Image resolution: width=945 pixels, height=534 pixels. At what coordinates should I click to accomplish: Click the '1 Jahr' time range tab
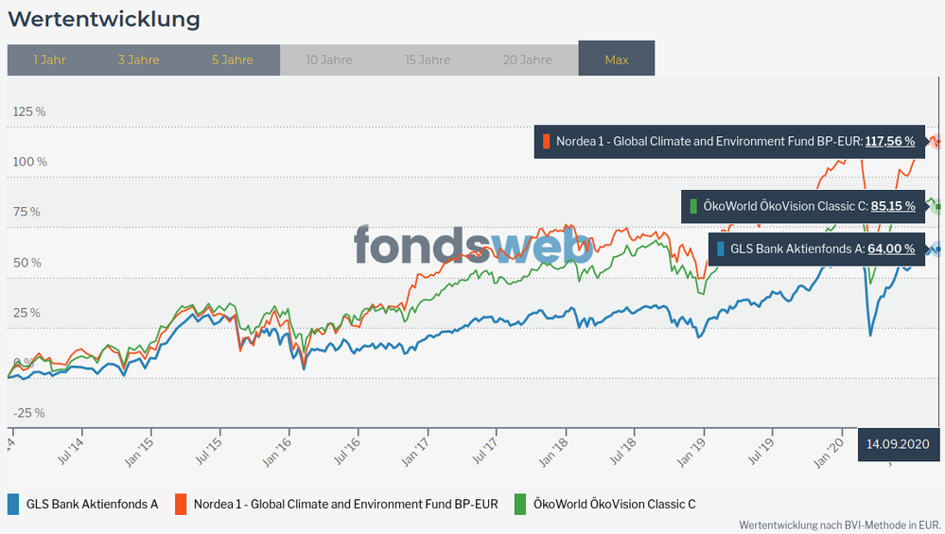[49, 60]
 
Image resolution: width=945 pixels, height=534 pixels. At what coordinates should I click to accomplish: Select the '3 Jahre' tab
[138, 60]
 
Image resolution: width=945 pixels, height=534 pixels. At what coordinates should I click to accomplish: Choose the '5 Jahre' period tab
[232, 60]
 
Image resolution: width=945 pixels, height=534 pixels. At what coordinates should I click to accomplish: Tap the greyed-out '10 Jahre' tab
[329, 60]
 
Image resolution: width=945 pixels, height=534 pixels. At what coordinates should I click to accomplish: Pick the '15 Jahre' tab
[428, 60]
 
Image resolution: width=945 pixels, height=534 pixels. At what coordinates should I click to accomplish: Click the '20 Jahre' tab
[527, 60]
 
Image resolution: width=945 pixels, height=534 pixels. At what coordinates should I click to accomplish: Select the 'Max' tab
[617, 60]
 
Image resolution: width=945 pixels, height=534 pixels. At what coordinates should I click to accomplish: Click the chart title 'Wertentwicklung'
[104, 19]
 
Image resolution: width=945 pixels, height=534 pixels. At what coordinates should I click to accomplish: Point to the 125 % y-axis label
[28, 112]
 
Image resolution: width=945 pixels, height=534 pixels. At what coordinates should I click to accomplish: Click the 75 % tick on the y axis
[26, 212]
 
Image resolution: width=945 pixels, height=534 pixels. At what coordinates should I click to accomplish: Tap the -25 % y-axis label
[28, 413]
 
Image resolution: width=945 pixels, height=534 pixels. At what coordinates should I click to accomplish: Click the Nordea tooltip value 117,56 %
[889, 142]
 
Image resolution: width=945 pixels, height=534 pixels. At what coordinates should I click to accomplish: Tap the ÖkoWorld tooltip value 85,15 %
[893, 205]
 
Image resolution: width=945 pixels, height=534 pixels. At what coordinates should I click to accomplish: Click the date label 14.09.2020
[898, 443]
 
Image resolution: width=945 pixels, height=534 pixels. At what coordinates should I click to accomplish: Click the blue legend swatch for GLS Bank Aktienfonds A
[13, 504]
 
